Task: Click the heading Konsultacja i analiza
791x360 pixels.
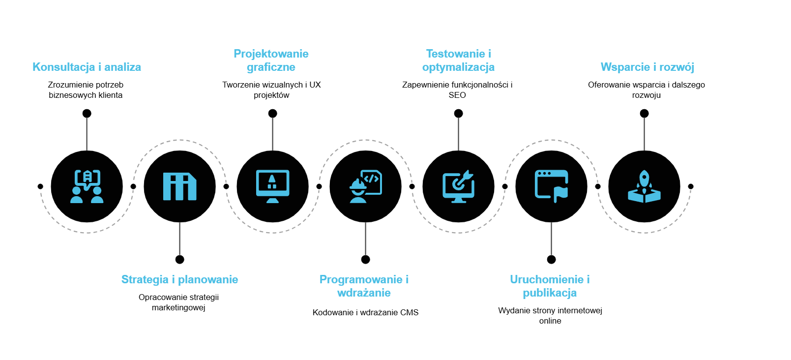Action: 87,67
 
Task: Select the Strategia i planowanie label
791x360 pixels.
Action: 179,279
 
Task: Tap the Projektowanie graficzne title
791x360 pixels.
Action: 271,60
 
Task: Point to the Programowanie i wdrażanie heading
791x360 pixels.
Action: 364,286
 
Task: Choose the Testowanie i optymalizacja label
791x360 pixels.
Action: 458,60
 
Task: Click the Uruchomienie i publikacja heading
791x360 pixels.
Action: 550,286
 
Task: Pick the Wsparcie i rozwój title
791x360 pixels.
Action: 647,67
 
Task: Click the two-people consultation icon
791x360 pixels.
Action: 87,186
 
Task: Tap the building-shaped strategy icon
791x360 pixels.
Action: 179,186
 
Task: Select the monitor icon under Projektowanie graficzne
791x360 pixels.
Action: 272,186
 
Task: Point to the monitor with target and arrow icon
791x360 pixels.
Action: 458,186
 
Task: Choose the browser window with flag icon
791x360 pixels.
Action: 551,186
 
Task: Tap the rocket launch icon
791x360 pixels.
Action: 644,186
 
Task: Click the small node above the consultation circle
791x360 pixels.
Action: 87,114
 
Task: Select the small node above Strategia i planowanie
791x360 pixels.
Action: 180,259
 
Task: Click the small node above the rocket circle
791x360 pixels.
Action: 644,114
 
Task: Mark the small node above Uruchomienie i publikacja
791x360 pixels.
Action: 552,259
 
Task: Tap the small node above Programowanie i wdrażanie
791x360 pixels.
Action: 365,259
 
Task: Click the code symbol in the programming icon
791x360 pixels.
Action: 371,179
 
